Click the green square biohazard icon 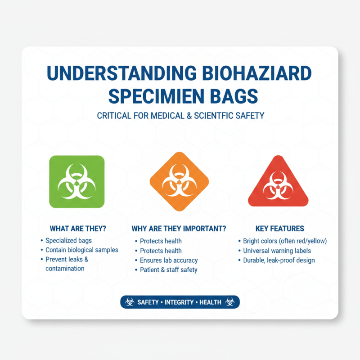(76, 181)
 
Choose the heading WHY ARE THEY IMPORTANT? (179, 228)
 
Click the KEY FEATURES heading (279, 228)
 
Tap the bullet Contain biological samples (81, 250)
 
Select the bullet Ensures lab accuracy (169, 260)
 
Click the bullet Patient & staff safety (168, 270)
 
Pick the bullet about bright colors (285, 241)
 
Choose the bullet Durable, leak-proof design (279, 260)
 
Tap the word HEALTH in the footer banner (211, 302)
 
